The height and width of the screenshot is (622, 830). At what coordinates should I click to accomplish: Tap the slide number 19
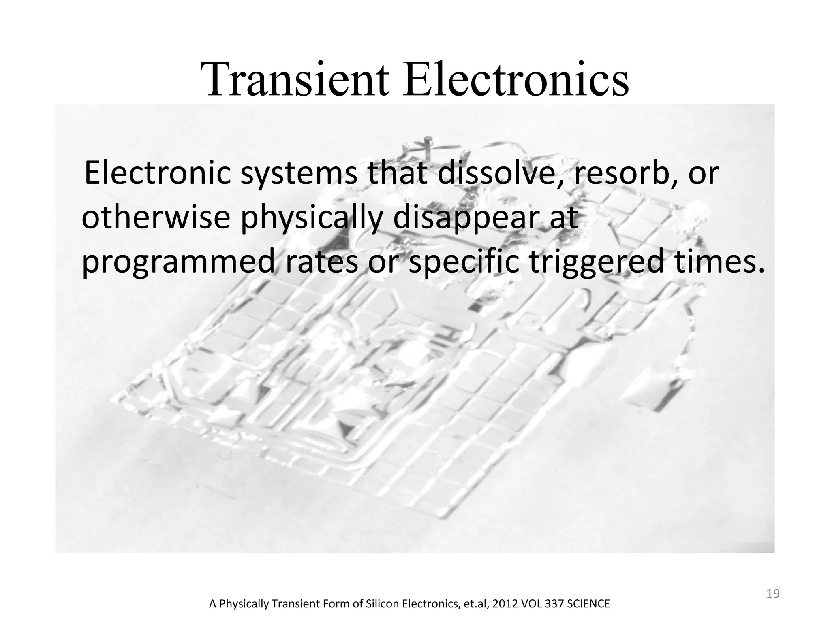coord(773,594)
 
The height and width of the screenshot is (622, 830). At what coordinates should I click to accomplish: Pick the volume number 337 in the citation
coord(544,604)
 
